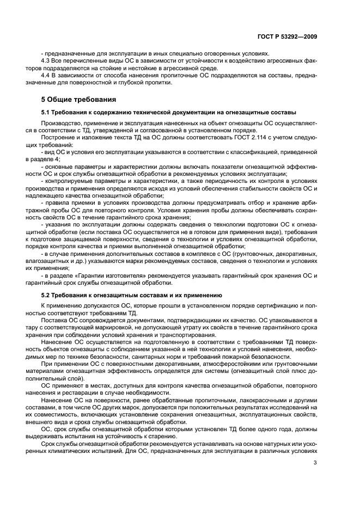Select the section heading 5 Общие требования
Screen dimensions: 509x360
pos(77,100)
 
